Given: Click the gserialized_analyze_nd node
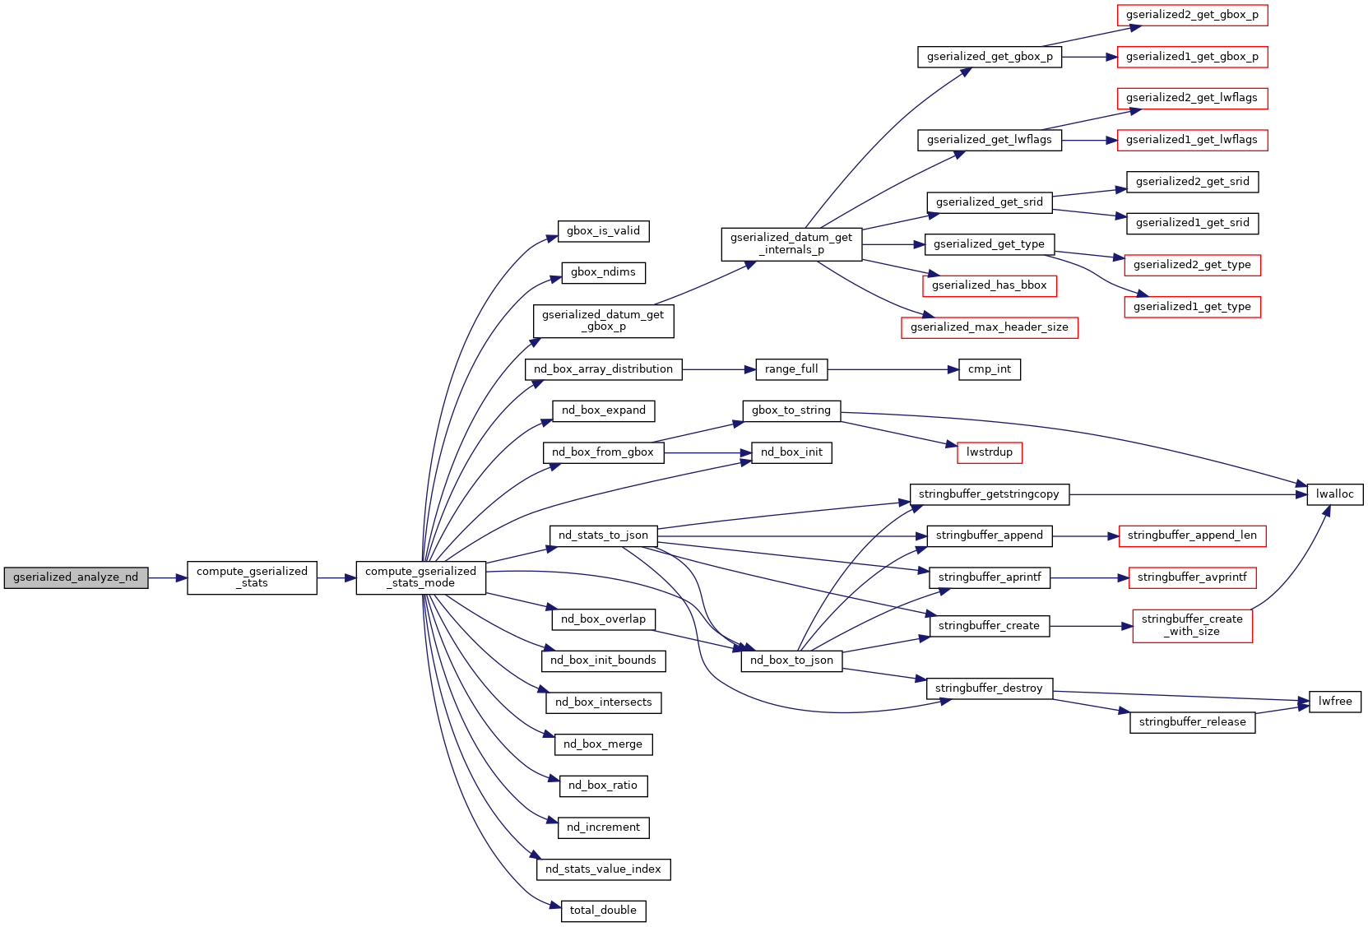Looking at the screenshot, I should tap(76, 577).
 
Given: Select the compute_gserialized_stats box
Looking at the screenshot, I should tap(252, 577).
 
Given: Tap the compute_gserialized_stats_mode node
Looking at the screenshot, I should tap(420, 577).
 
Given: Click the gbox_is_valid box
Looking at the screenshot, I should tap(603, 231).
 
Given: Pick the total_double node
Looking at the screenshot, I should tap(603, 911).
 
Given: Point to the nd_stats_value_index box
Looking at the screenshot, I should tap(603, 869).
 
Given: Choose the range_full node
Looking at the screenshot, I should tap(791, 369).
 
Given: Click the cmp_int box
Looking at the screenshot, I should tap(990, 369).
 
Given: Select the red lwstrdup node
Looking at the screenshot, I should tap(990, 452).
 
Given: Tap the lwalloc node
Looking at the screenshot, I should tap(1334, 494).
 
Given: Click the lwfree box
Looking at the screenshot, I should tap(1334, 702).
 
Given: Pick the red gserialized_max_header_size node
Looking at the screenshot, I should tap(989, 327).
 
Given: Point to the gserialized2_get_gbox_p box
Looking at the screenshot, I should tap(1192, 15).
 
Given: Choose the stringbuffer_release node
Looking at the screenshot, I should tap(1192, 722).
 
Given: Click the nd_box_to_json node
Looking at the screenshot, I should tap(791, 660).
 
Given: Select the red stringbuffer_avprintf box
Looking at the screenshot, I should tap(1192, 577).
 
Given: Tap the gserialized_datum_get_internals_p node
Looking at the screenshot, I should tap(791, 244).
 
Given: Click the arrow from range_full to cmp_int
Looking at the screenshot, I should tap(893, 370).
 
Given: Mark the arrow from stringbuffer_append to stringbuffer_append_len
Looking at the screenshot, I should tap(1085, 536).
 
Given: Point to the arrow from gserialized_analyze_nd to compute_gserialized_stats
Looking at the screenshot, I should tap(168, 578).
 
